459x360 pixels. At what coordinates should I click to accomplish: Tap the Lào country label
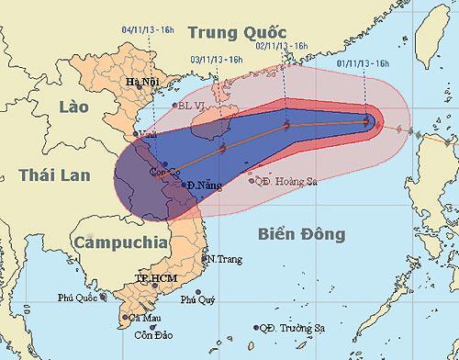(x=60, y=106)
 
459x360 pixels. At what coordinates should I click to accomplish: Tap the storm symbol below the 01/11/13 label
(x=367, y=120)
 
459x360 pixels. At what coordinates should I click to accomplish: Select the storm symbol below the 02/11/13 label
(x=287, y=126)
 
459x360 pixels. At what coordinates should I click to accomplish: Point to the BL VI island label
(x=191, y=106)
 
